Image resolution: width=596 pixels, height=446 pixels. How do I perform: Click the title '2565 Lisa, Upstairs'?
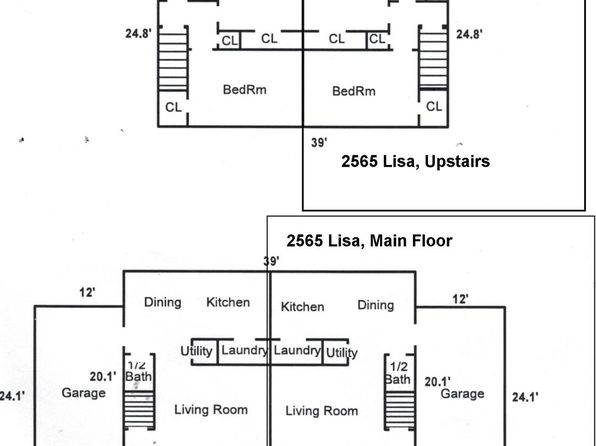click(x=415, y=162)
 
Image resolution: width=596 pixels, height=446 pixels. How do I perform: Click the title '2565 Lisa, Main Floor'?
click(x=369, y=241)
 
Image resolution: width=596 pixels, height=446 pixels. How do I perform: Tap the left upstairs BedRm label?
click(x=244, y=90)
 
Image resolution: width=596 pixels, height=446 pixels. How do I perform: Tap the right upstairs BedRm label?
click(x=353, y=91)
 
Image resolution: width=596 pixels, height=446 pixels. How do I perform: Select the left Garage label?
click(x=84, y=393)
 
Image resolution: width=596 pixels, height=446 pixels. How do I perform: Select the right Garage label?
click(x=462, y=394)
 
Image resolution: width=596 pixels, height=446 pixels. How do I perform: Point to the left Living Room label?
click(x=211, y=409)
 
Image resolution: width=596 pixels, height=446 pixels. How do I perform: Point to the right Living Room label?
click(x=322, y=411)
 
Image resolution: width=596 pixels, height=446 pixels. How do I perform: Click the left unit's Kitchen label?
click(x=228, y=302)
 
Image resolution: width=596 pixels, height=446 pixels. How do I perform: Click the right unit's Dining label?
click(x=376, y=305)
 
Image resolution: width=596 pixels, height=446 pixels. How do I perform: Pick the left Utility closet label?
click(x=196, y=351)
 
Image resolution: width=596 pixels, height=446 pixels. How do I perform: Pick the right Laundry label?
click(x=297, y=350)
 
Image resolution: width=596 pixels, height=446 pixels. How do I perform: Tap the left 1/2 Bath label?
click(x=138, y=371)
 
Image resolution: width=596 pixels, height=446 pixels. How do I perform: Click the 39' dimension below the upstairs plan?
click(x=319, y=143)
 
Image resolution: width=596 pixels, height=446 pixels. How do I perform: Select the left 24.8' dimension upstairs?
click(x=138, y=33)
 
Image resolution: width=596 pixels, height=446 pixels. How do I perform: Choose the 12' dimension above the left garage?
click(x=87, y=292)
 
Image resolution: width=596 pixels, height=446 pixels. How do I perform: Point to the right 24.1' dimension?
click(x=525, y=397)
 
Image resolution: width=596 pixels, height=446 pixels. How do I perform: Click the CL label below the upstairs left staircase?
click(x=173, y=107)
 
